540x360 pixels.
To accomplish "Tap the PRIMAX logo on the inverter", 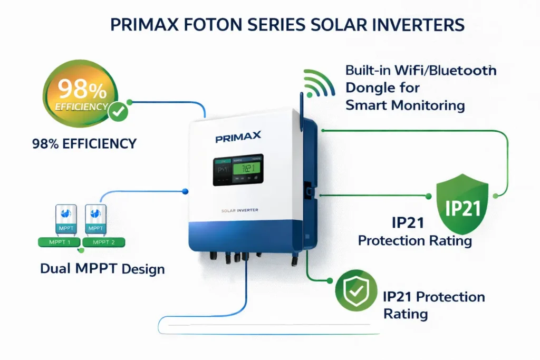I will pyautogui.click(x=238, y=138).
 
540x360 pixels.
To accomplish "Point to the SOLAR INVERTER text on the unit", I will pyautogui.click(x=240, y=211).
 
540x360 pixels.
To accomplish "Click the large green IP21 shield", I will pyautogui.click(x=462, y=206).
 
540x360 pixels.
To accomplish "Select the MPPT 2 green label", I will pyautogui.click(x=107, y=242).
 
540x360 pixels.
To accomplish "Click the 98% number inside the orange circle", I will pyautogui.click(x=75, y=90).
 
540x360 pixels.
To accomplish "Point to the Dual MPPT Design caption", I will pyautogui.click(x=102, y=268).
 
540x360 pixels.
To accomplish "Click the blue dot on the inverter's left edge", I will pyautogui.click(x=185, y=191).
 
